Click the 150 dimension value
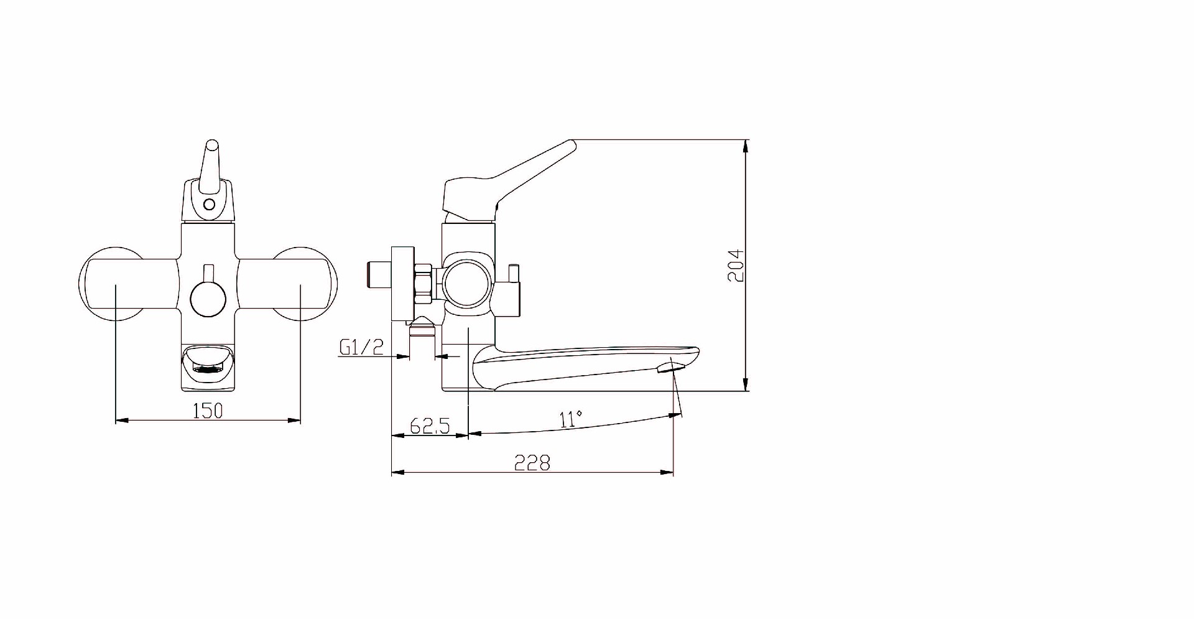(208, 411)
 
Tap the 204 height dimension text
(736, 266)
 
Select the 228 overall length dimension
(532, 463)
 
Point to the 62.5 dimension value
(429, 426)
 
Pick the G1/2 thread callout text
(361, 347)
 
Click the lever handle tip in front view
(212, 147)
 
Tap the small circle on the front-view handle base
(210, 203)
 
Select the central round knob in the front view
(208, 299)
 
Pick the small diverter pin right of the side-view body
(514, 274)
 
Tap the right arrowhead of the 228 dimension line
(669, 473)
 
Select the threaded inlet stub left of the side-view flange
(377, 274)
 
